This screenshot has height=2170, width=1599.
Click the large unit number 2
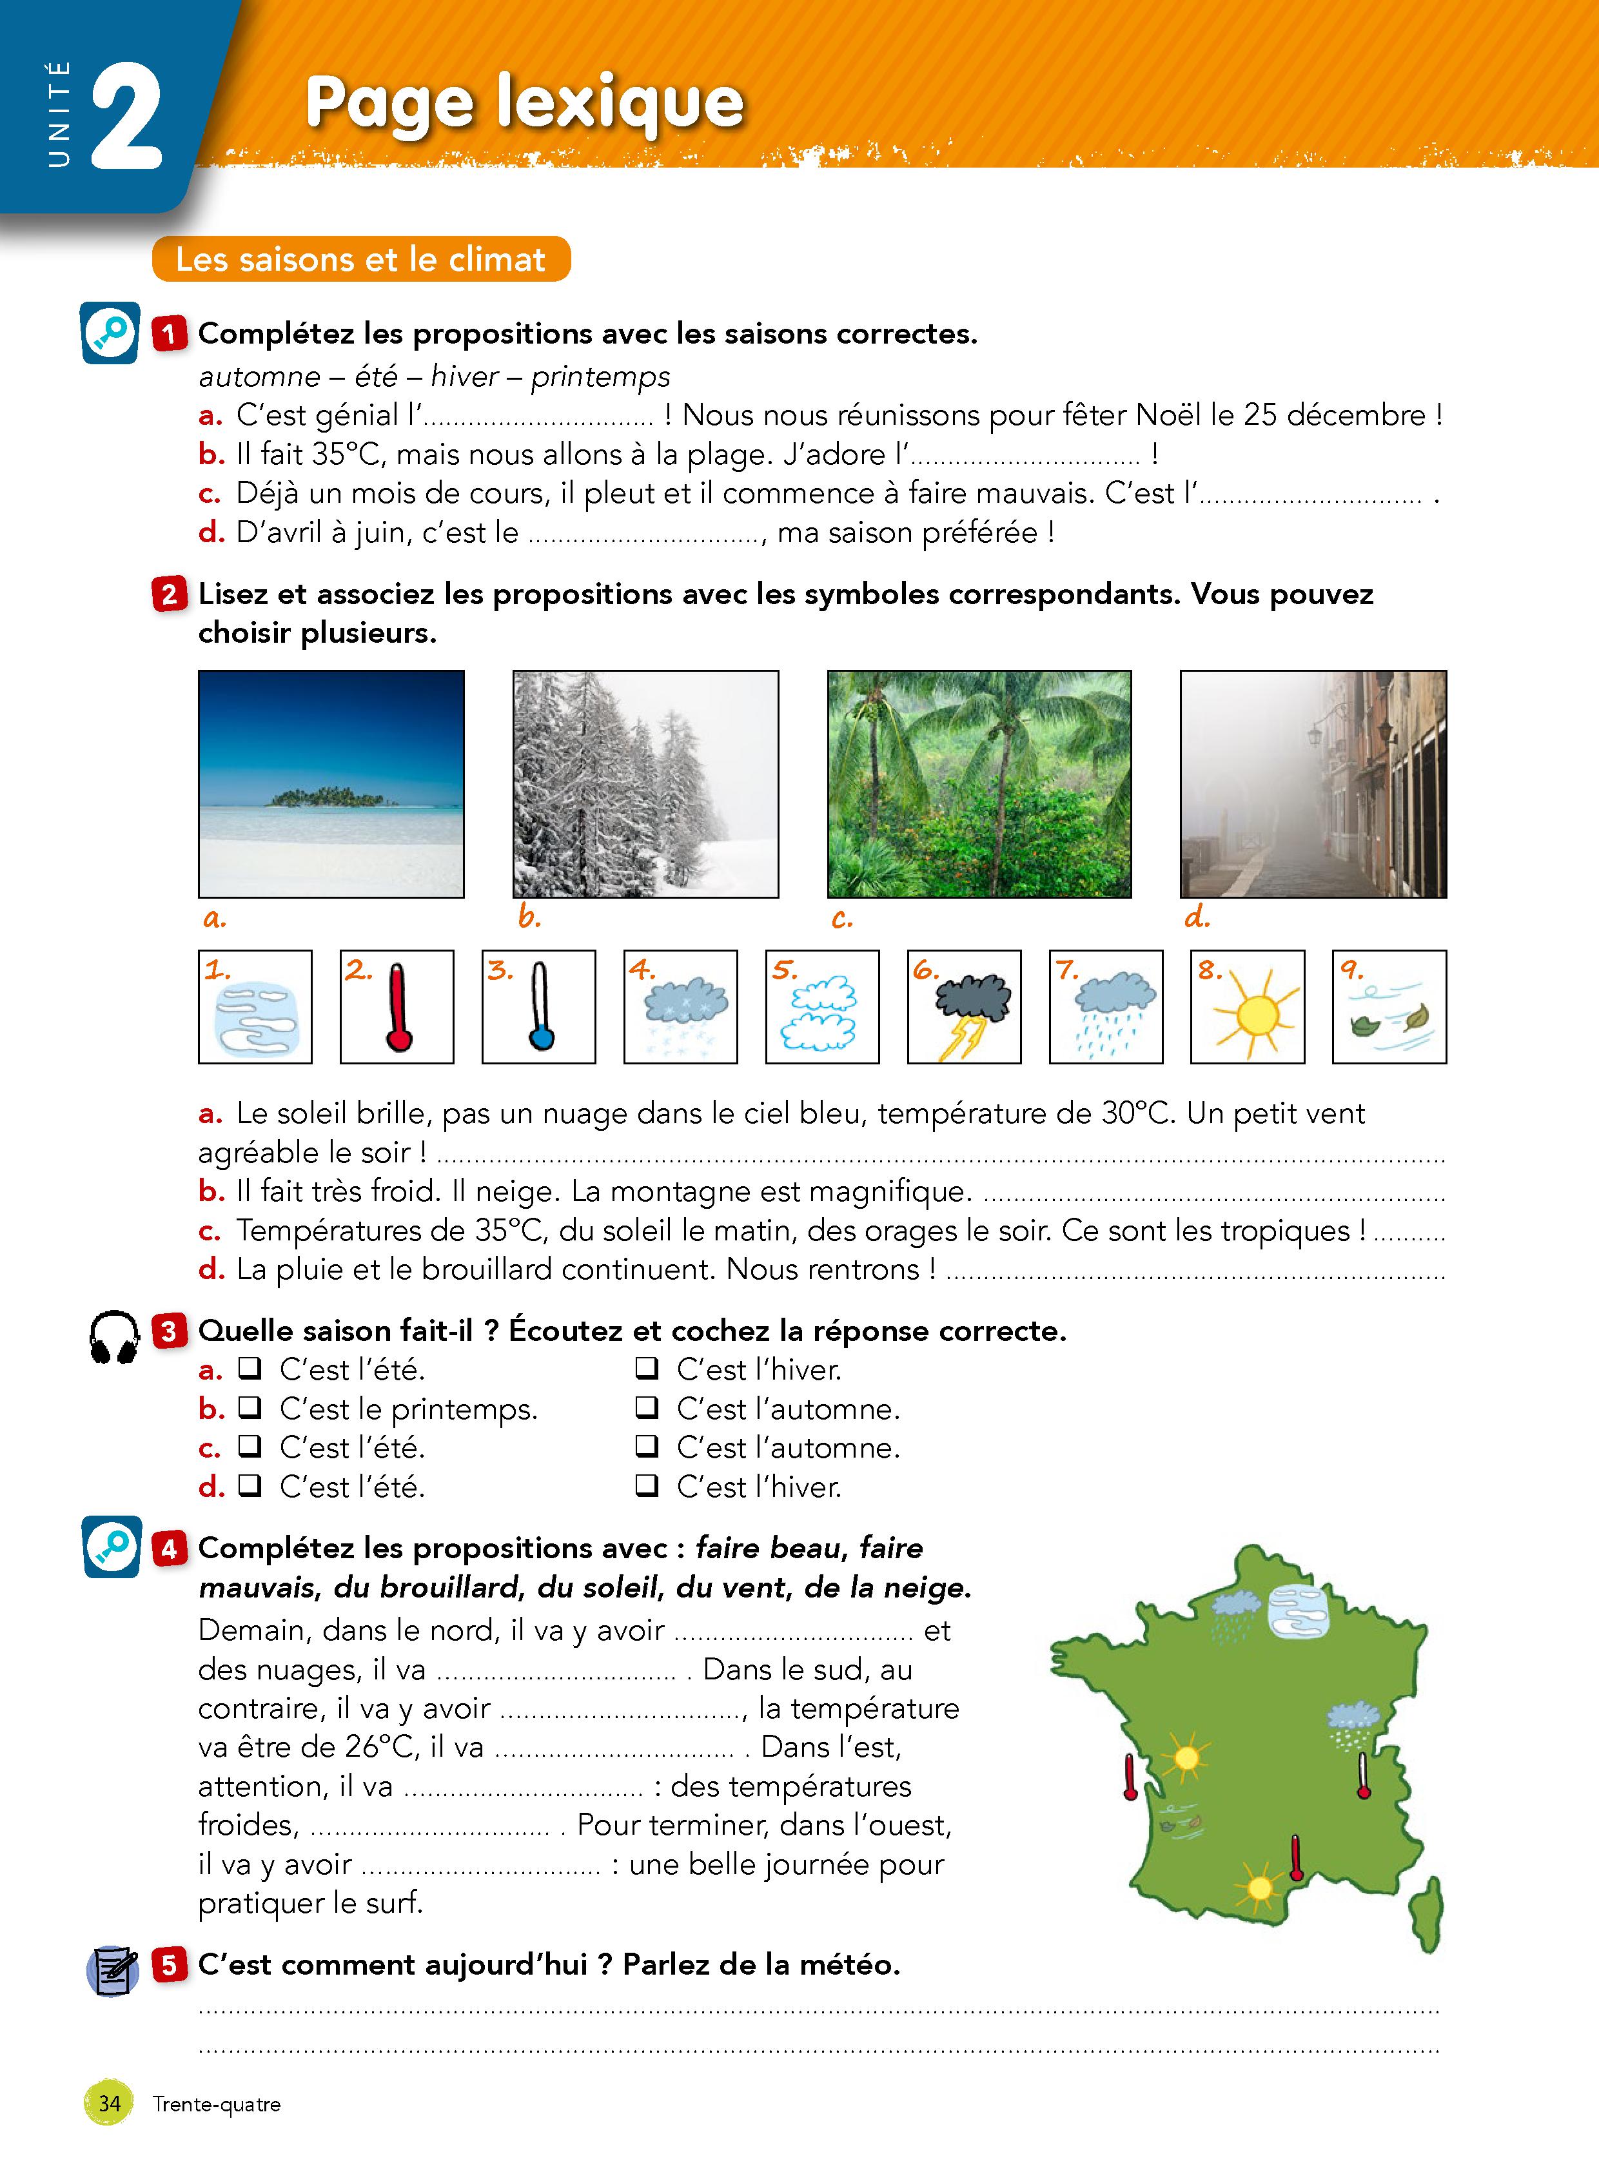126,116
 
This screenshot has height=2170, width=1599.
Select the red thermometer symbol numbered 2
397,1006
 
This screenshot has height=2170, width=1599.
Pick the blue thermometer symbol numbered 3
539,1006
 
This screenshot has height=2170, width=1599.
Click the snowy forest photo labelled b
645,784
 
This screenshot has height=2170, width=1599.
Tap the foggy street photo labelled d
1313,784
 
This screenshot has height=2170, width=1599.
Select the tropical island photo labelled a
331,784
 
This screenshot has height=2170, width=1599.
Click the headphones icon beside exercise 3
114,1338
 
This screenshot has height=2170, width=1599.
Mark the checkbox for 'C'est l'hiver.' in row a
647,1369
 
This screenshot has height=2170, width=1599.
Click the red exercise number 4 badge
170,1549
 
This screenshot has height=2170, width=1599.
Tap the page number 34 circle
110,2103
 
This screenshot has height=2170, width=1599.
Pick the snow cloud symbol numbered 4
680,1006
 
